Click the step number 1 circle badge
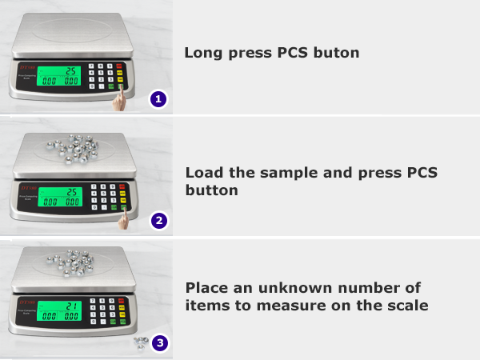tap(158, 100)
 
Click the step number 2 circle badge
tap(158, 220)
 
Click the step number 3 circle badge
tap(160, 343)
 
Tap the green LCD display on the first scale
tap(61, 77)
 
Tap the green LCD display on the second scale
tap(61, 195)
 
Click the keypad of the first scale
tap(105, 76)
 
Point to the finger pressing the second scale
tap(123, 218)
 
